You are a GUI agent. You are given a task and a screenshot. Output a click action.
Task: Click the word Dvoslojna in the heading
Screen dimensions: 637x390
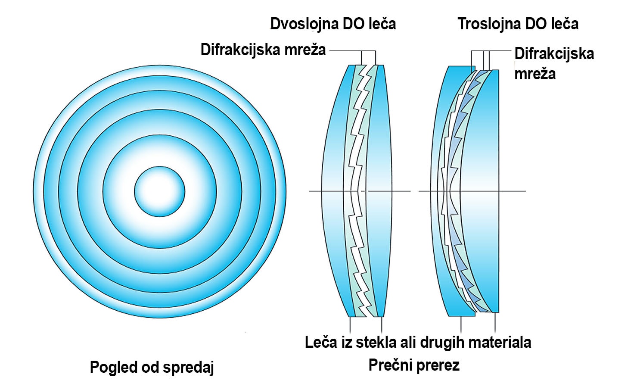pyautogui.click(x=305, y=24)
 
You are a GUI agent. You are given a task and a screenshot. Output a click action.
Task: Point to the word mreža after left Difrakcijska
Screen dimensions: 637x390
pyautogui.click(x=305, y=50)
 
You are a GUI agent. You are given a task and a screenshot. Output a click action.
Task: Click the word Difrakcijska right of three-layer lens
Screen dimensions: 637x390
pyautogui.click(x=554, y=53)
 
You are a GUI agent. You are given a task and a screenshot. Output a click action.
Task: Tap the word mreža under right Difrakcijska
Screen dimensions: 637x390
pyautogui.click(x=535, y=74)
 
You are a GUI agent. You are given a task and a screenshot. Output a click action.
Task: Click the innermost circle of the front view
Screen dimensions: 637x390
pyautogui.click(x=159, y=191)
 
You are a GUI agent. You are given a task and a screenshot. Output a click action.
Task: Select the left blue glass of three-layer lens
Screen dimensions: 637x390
pyautogui.click(x=444, y=190)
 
